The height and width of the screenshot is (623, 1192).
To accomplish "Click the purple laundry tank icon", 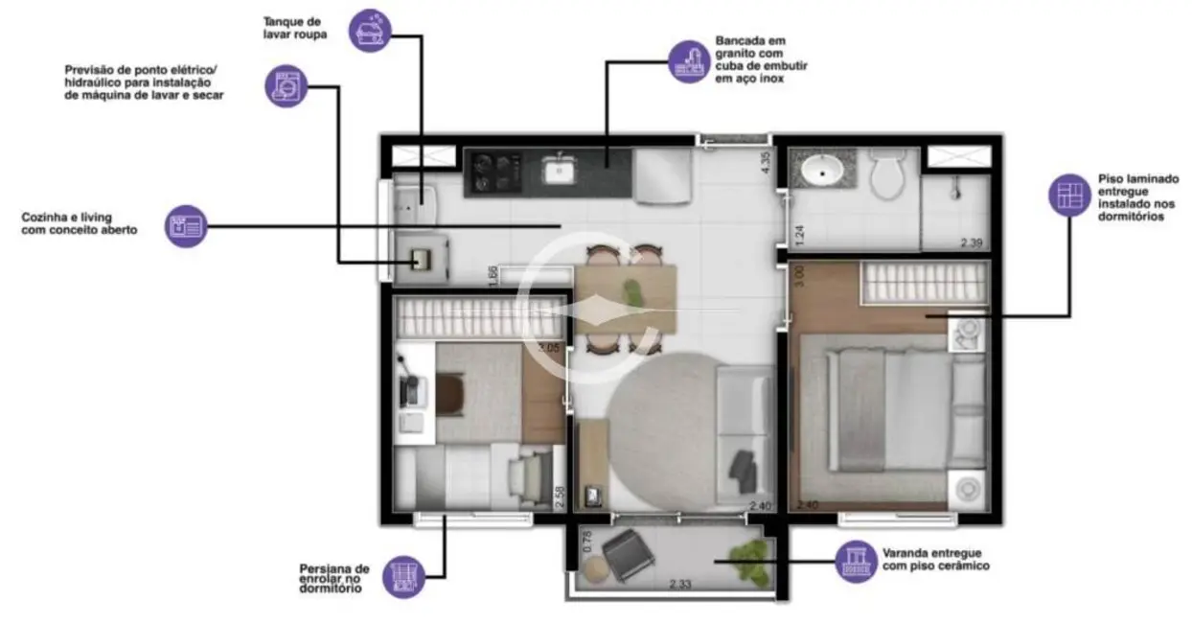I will [370, 29].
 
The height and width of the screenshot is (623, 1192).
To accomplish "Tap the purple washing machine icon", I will [285, 86].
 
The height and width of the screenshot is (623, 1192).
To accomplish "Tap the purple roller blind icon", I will [403, 577].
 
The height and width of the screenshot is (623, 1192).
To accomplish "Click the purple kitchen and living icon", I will [186, 226].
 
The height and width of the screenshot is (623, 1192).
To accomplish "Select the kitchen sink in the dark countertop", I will [559, 172].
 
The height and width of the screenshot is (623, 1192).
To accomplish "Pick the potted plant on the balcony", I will [748, 562].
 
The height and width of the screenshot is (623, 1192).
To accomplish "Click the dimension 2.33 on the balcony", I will [682, 583].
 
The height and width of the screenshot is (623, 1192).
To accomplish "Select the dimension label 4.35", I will [765, 162].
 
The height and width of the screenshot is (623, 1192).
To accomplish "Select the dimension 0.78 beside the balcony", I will [587, 542].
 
